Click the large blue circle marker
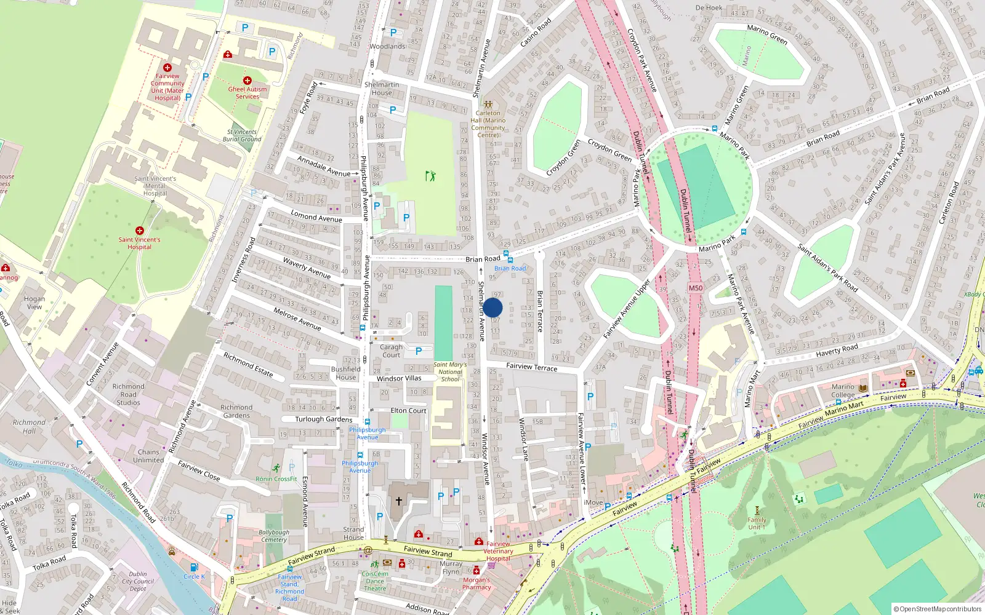[x=492, y=307]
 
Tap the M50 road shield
[x=696, y=288]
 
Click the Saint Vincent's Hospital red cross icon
[x=140, y=231]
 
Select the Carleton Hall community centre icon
[x=488, y=105]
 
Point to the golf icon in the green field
[x=430, y=176]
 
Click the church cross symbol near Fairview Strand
[x=398, y=501]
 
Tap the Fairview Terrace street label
[x=531, y=367]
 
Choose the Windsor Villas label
[x=399, y=379]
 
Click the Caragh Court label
[x=391, y=351]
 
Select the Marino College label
[x=843, y=391]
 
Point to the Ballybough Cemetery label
[x=274, y=536]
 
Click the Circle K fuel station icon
[x=194, y=567]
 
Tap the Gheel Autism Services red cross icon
[x=247, y=81]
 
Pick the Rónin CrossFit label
[x=276, y=478]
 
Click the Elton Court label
[x=408, y=410]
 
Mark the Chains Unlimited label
[x=148, y=456]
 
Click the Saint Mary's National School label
[x=450, y=371]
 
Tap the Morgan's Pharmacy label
[x=476, y=583]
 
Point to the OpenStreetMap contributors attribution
[x=938, y=609]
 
